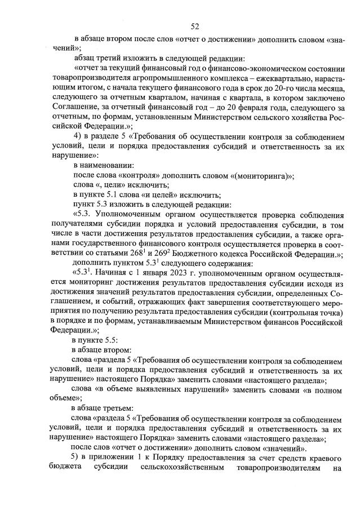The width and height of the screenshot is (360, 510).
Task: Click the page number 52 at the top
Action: [x=195, y=26]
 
